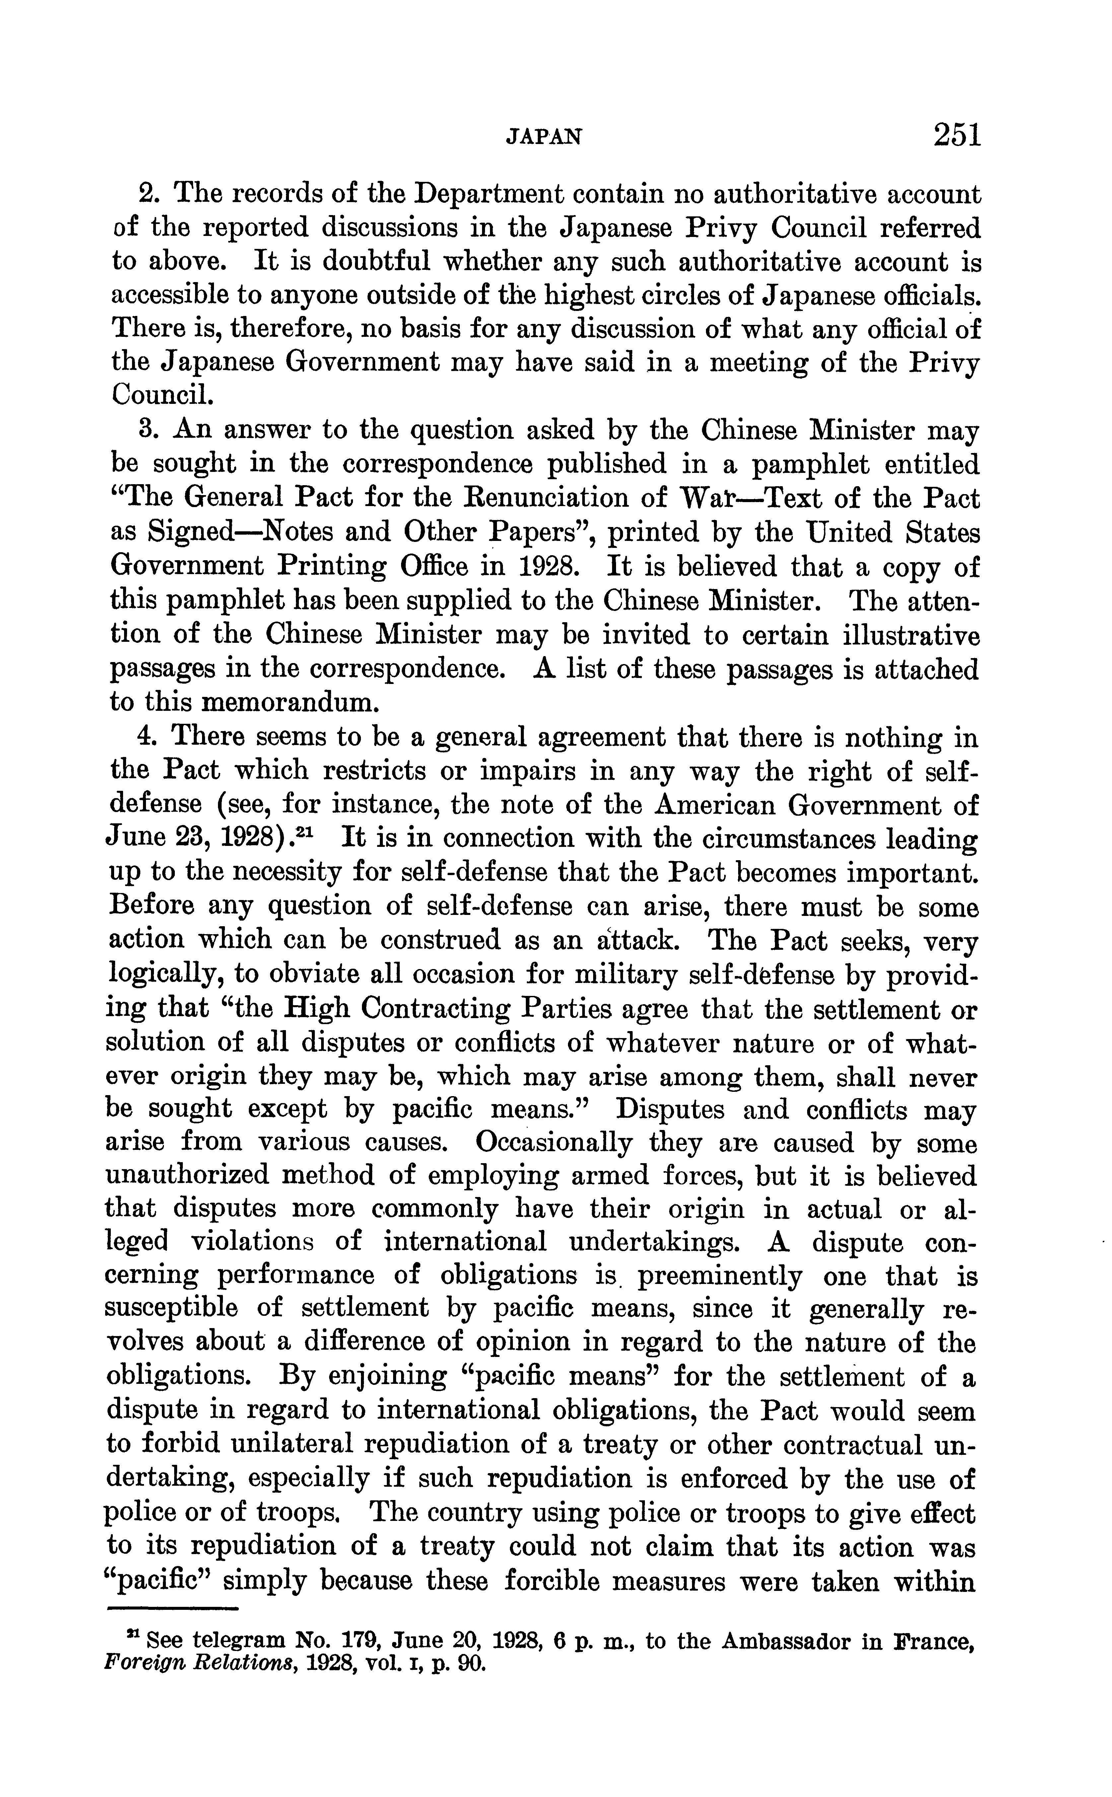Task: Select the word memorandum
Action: coord(289,703)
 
